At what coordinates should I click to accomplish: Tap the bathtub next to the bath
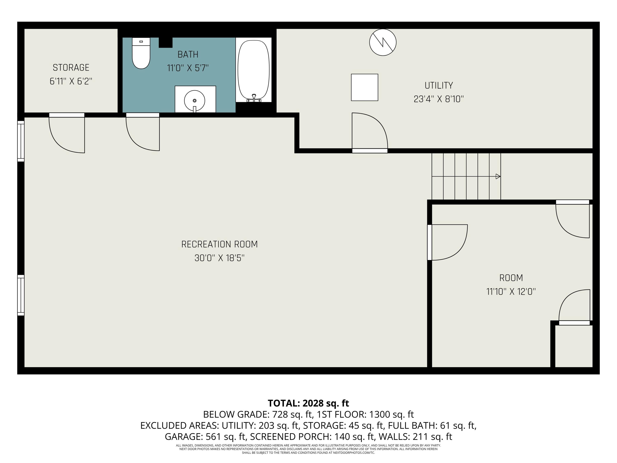pos(254,70)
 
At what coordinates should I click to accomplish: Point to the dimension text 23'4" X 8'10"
pos(438,99)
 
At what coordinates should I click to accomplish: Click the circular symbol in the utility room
pos(383,42)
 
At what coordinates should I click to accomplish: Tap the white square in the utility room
pos(364,87)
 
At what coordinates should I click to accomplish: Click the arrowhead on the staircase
pos(498,176)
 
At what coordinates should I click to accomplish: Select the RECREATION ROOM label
pos(219,244)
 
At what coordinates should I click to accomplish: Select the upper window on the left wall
pos(21,141)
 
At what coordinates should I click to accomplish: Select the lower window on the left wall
pos(21,295)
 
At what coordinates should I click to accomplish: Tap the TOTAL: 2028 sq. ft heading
pos(308,403)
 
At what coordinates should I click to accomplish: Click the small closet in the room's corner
pos(573,346)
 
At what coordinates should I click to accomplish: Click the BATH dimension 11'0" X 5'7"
pos(188,68)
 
